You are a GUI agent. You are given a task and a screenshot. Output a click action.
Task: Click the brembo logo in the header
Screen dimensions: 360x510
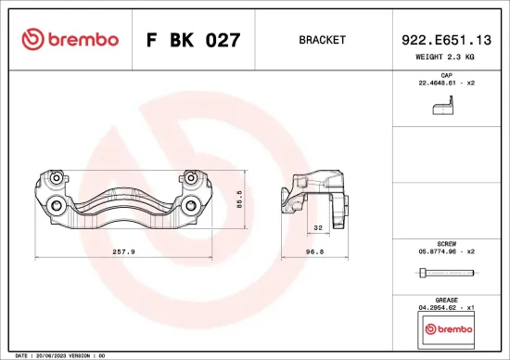pos(70,40)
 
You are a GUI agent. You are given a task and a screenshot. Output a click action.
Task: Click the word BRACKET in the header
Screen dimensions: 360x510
pos(323,41)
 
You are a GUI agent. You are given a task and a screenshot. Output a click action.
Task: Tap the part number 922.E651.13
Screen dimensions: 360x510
pos(446,40)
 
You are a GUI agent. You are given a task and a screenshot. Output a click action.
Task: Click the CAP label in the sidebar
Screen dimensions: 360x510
pos(446,74)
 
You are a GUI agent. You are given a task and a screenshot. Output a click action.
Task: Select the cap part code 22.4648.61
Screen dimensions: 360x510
pos(446,83)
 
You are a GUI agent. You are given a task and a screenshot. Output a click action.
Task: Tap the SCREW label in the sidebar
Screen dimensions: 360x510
pos(446,242)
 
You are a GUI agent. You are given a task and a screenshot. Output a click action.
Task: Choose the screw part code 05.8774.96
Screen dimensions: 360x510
pos(446,251)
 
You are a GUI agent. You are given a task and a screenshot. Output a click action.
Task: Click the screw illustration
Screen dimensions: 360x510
pos(446,274)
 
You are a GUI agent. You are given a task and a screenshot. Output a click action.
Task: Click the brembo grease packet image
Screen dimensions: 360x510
pos(446,328)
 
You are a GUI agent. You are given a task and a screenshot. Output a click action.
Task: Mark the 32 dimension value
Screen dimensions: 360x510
pos(317,227)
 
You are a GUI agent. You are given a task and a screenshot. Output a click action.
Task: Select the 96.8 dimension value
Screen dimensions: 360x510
pos(316,251)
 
